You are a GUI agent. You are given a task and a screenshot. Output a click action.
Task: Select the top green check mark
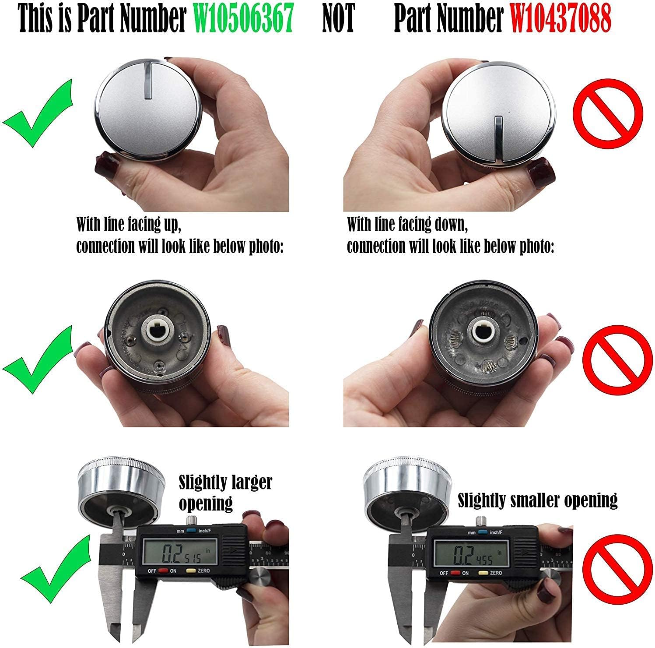38,113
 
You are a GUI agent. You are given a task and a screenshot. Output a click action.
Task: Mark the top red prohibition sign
608,112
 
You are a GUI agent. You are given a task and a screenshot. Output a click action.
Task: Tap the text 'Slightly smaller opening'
537,500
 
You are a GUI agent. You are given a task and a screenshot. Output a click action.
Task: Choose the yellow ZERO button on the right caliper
483,573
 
